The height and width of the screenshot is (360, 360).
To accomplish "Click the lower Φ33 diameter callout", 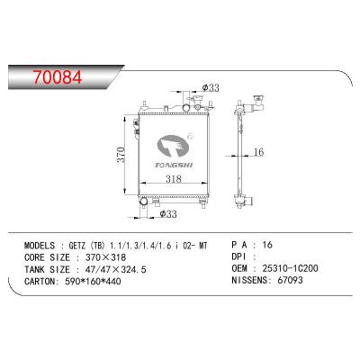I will point(166,214).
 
